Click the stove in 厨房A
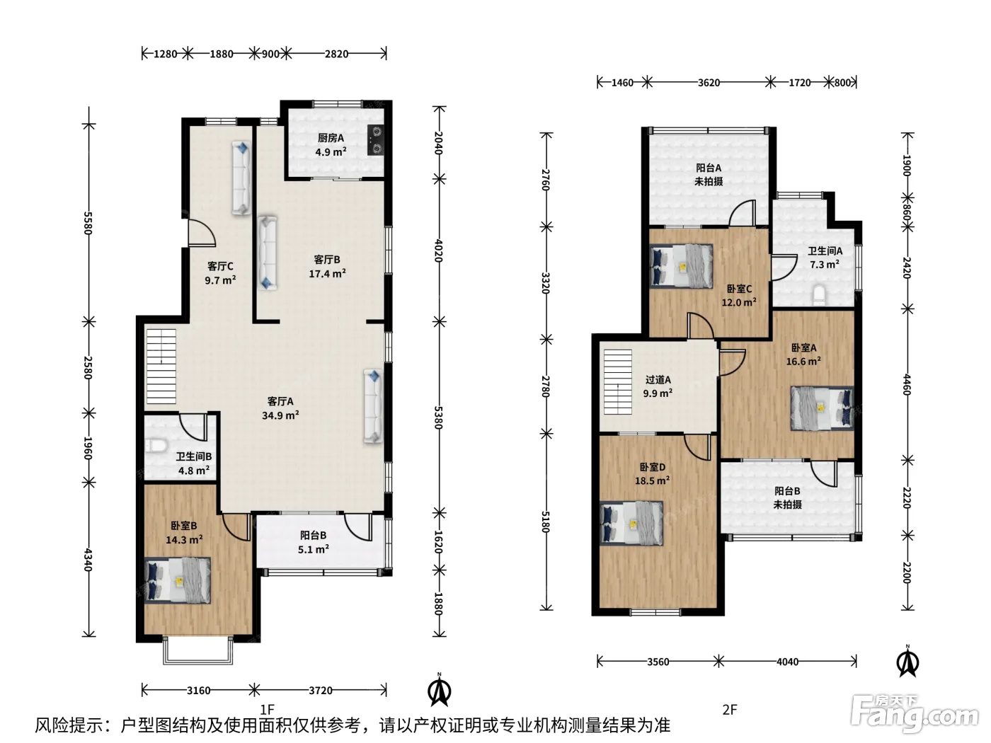(x=376, y=140)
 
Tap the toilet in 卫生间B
(x=156, y=446)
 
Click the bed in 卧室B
(x=178, y=580)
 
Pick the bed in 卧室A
(x=822, y=408)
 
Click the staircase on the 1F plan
(x=161, y=367)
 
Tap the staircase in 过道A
(x=618, y=381)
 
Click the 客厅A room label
(x=280, y=401)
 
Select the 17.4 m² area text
(x=327, y=273)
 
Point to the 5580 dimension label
(x=88, y=224)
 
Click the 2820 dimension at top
(x=336, y=54)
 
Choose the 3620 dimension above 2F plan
(x=709, y=83)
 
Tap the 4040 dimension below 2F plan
(x=787, y=662)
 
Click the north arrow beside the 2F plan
(x=908, y=661)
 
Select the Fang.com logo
(x=914, y=713)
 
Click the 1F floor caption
(x=267, y=709)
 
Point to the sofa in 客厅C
(x=241, y=178)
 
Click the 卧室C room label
(x=739, y=289)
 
